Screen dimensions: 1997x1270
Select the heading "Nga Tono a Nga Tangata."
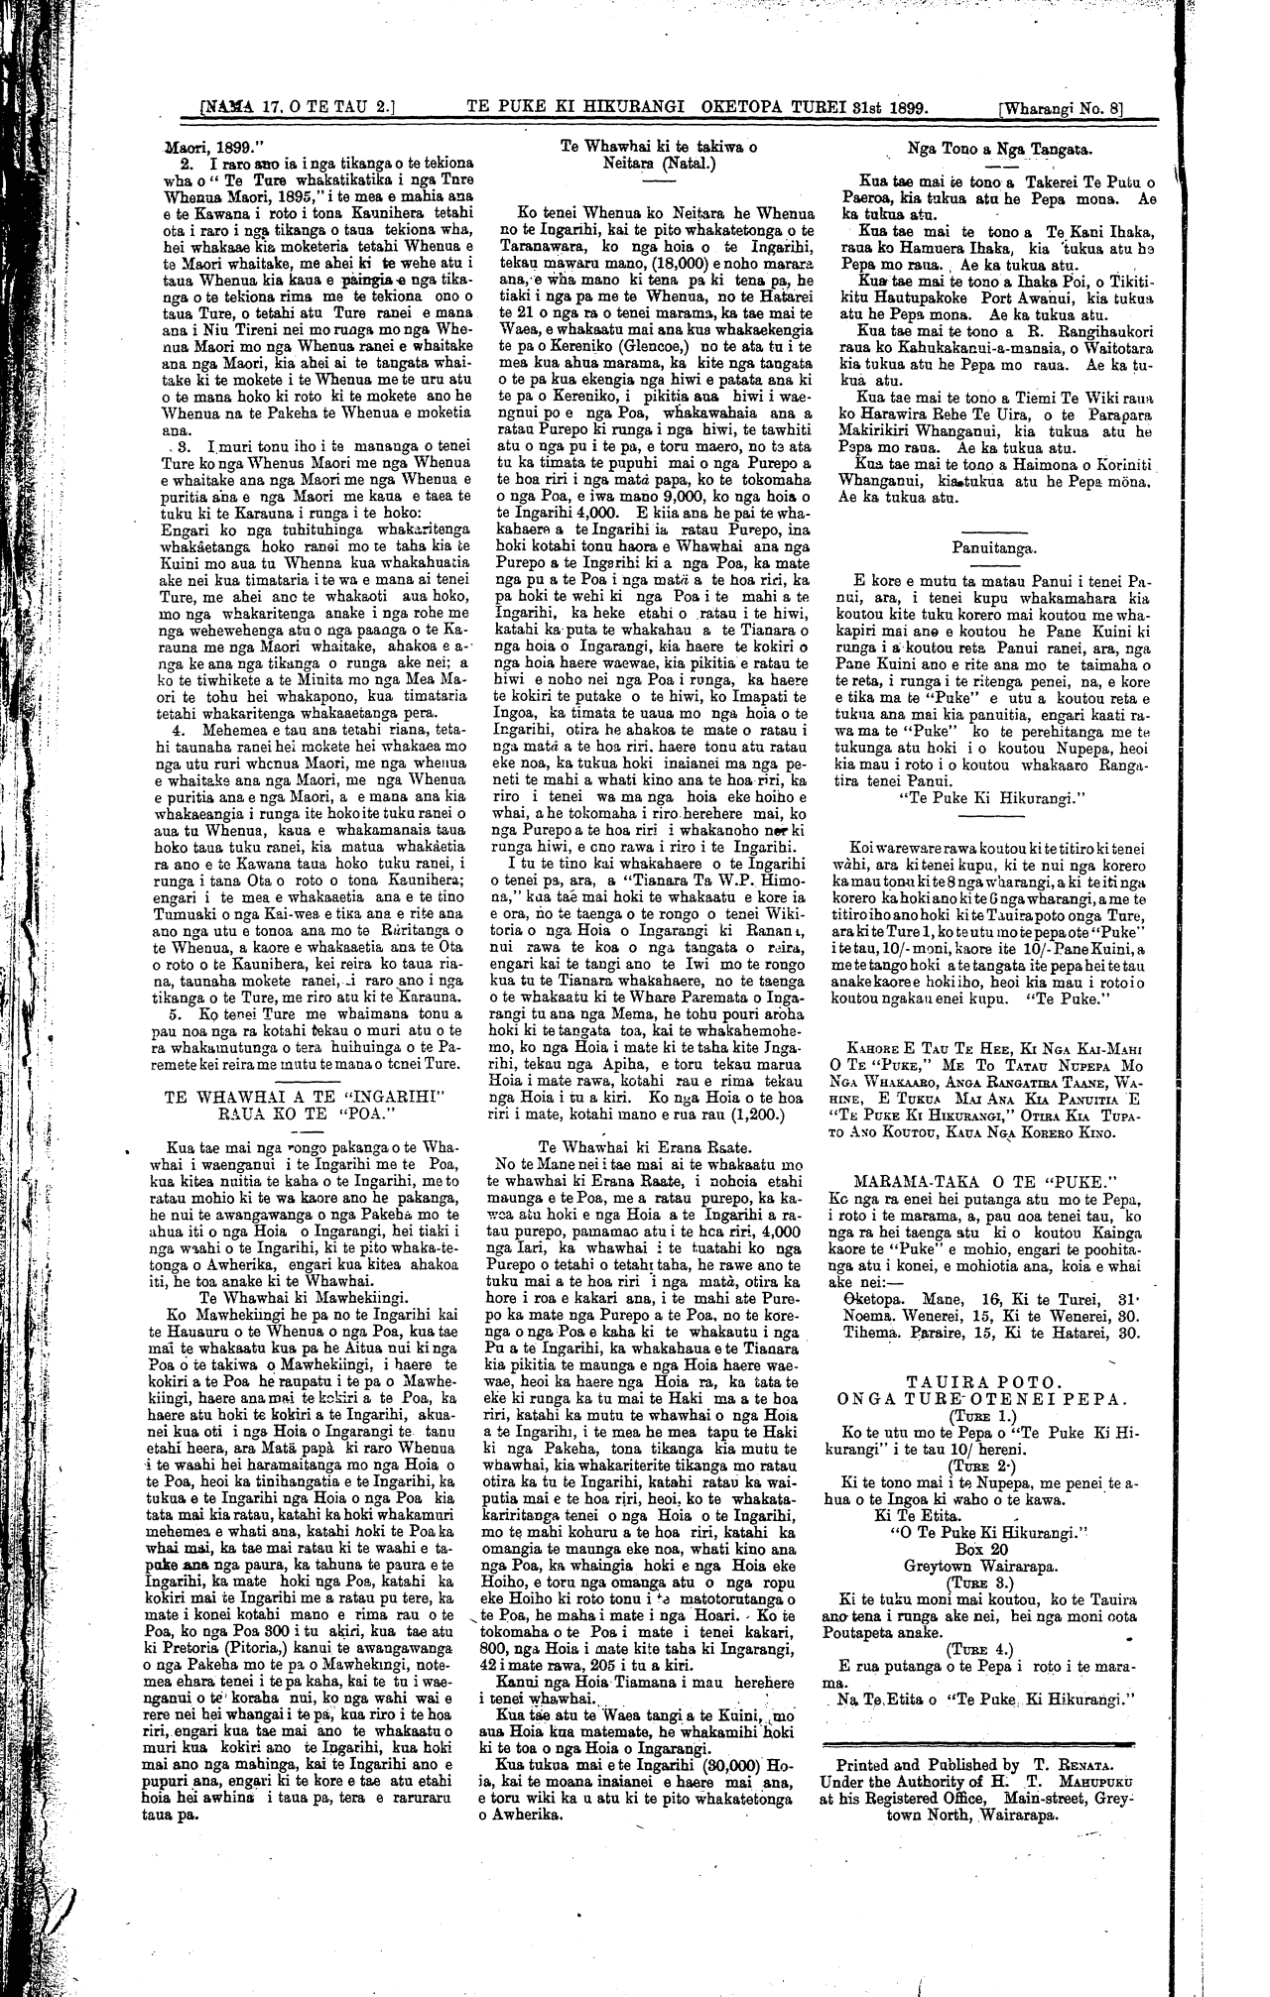tap(999, 150)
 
